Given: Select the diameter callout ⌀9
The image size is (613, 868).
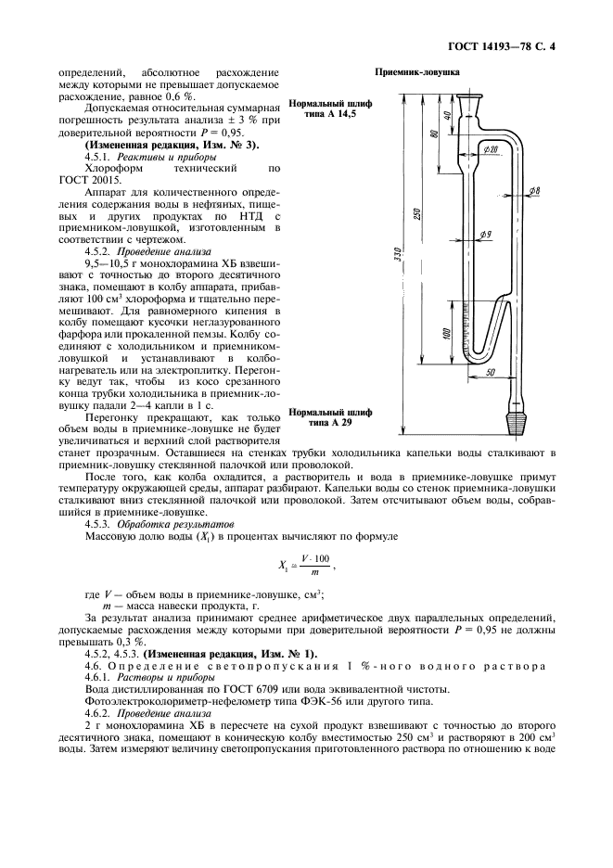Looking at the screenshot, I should [485, 235].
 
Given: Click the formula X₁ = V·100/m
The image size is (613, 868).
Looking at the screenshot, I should [305, 563].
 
